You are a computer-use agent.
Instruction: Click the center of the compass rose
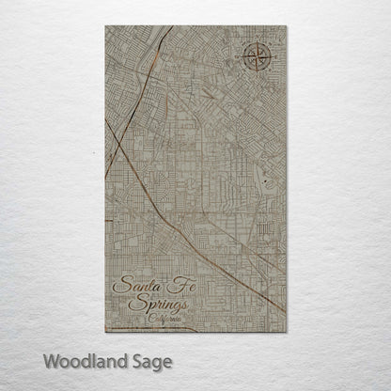[x=255, y=58]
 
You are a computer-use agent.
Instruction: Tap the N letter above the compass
[x=255, y=41]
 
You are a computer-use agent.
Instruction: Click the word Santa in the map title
[x=132, y=286]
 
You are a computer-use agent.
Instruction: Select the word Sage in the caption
[x=150, y=361]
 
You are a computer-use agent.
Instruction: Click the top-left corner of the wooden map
[x=105, y=26]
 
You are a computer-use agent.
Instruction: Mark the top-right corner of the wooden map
[x=286, y=26]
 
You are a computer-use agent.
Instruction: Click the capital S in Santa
[x=118, y=286]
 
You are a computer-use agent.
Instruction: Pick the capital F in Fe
[x=165, y=284]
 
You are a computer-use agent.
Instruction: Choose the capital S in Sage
[x=134, y=360]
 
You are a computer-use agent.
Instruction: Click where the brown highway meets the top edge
[x=171, y=27]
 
